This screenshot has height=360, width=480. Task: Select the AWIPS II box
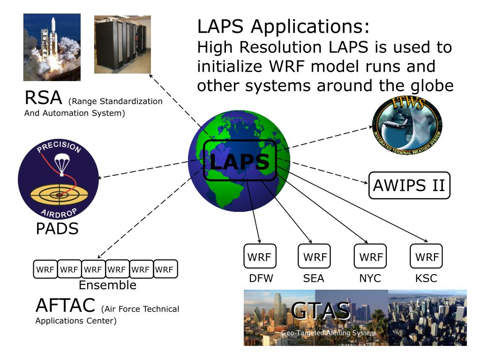[409, 186]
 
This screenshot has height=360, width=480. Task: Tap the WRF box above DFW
[260, 256]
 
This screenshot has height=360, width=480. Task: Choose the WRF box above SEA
[314, 256]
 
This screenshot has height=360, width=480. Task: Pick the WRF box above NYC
[370, 256]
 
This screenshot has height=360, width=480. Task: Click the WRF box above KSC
[426, 256]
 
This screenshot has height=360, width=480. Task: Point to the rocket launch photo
[52, 47]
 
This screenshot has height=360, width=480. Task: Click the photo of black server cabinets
[122, 45]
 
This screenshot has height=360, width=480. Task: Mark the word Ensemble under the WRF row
[107, 285]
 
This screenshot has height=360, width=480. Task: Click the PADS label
[57, 229]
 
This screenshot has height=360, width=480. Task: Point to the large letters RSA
[43, 98]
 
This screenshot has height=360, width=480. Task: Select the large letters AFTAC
[66, 306]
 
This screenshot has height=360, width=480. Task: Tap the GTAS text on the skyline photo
[321, 311]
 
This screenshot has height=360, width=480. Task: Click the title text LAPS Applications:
[284, 27]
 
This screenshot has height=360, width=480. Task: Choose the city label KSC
[426, 278]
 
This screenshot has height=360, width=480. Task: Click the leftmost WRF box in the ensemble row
[45, 270]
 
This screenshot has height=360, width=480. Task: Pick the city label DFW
[261, 278]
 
